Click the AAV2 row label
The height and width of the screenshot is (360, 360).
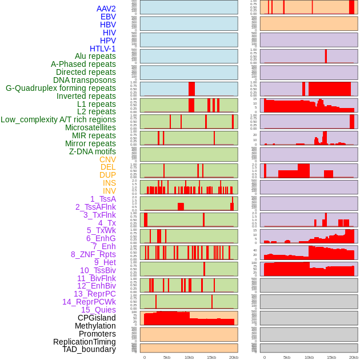106,9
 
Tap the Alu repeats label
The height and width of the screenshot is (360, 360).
95,56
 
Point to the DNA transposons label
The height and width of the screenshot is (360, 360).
84,80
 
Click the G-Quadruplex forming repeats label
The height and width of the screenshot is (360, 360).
61,88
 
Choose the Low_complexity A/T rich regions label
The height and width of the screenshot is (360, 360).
58,119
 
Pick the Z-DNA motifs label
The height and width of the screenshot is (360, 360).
92,151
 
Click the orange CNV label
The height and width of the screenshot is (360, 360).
107,159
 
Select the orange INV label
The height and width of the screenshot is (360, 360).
109,191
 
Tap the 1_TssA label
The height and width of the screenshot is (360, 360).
103,199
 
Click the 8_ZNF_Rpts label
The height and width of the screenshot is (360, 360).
93,254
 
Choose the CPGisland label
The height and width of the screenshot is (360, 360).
97,318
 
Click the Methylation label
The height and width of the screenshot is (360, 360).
95,326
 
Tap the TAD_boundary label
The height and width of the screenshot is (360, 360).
89,349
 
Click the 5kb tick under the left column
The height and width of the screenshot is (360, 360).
167,357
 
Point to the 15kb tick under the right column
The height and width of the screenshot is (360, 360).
331,357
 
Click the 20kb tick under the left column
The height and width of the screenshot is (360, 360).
233,357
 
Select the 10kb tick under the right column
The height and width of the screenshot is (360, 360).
309,357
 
